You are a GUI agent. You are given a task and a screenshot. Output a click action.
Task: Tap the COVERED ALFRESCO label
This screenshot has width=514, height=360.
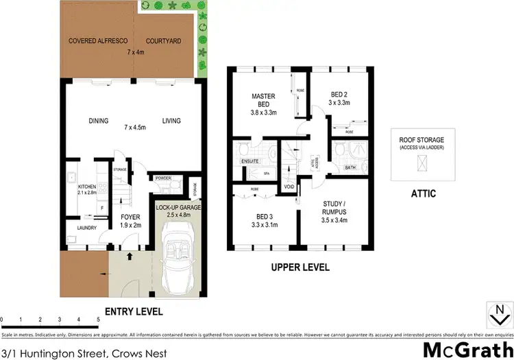[x=96, y=41]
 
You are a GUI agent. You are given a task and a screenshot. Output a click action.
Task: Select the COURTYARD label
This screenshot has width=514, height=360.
[x=163, y=41]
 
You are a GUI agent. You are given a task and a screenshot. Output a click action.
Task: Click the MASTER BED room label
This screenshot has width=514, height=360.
[x=263, y=100]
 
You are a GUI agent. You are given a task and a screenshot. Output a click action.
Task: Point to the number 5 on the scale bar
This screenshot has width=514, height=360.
[x=99, y=320]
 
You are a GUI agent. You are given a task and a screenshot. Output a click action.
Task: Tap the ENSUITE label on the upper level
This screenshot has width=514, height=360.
[x=249, y=161]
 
